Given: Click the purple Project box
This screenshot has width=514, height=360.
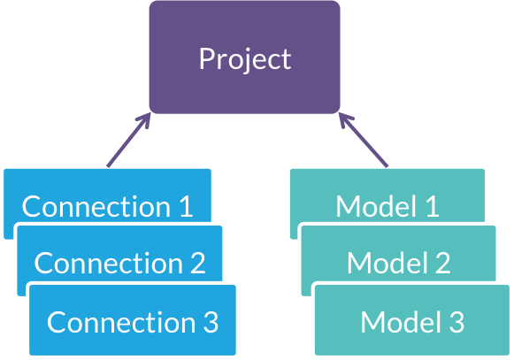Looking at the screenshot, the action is (x=244, y=57).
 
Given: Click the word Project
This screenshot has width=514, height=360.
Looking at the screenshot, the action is (x=245, y=59).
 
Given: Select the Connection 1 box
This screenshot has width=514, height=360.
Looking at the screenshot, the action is (x=107, y=196).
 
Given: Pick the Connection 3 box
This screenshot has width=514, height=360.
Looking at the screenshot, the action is (x=133, y=320).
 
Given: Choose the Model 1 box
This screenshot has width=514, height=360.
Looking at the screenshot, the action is (x=387, y=196).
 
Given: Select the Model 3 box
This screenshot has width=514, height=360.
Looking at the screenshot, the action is (x=412, y=320).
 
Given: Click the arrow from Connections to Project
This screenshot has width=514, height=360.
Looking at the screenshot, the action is (x=129, y=140).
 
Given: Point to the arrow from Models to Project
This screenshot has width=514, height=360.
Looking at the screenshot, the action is (x=364, y=140).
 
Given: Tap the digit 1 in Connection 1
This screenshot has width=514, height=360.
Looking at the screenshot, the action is (x=187, y=206).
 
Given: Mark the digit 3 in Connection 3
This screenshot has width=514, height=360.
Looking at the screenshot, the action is (x=211, y=322).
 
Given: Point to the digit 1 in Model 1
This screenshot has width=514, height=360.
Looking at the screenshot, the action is (x=433, y=206).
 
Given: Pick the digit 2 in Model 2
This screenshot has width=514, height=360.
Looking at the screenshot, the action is (x=443, y=263).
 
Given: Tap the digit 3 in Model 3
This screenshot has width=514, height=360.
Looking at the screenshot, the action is (x=456, y=322).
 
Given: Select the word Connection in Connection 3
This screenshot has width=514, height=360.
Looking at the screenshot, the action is (x=121, y=322).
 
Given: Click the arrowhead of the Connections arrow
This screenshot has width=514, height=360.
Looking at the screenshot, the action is (x=144, y=119).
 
